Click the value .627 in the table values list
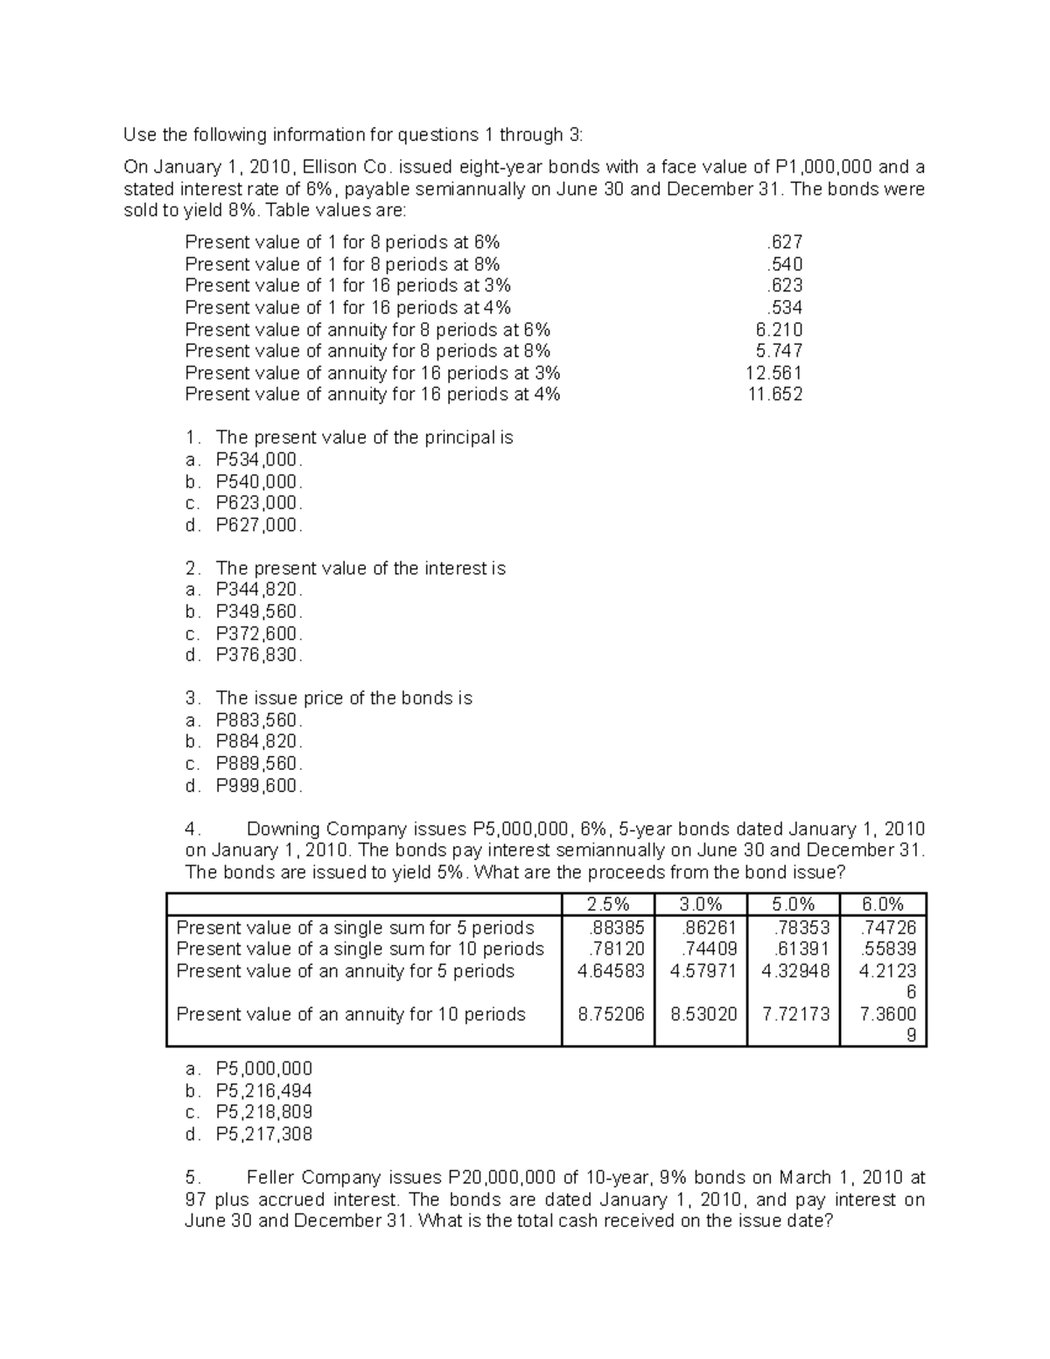point(784,242)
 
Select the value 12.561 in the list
point(773,373)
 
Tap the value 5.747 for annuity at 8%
point(779,351)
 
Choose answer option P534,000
point(259,459)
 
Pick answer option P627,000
point(259,525)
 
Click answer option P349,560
point(259,612)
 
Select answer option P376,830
point(259,655)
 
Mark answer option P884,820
point(259,742)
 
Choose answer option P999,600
point(259,786)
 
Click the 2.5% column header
point(607,905)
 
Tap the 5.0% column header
point(793,905)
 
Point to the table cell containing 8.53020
point(703,1014)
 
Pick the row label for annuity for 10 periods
point(351,1014)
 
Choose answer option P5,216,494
point(263,1090)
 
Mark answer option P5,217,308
point(263,1134)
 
